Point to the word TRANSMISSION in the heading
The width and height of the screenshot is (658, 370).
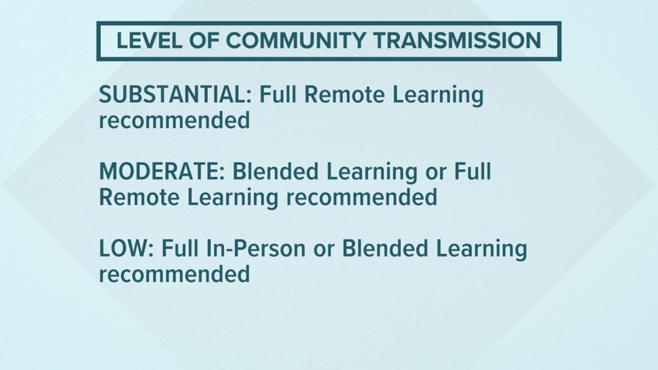click(457, 40)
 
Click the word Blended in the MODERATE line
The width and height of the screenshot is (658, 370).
click(275, 171)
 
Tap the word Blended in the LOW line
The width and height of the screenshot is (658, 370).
click(385, 248)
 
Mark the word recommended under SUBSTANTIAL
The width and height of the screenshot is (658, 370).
click(174, 121)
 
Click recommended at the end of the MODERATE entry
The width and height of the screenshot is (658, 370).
click(362, 197)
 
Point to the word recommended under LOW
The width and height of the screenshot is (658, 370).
click(174, 274)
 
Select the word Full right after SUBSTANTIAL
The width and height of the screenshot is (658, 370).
click(278, 95)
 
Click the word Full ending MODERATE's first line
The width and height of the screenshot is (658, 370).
click(473, 171)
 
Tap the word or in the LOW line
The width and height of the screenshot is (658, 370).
click(324, 251)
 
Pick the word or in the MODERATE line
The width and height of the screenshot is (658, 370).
click(436, 174)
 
